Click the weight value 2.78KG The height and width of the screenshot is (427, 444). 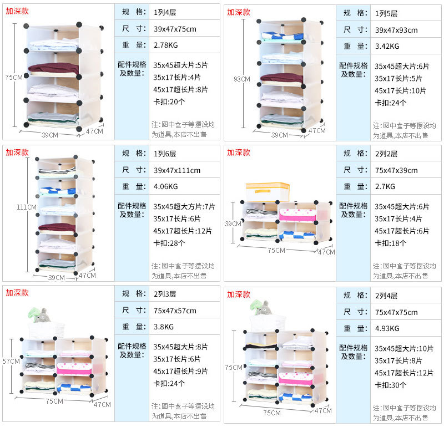[165, 45]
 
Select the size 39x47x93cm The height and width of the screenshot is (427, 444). [396, 30]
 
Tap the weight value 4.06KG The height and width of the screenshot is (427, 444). [165, 186]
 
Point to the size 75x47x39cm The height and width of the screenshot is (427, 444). [396, 171]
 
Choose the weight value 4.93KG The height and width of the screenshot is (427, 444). [387, 328]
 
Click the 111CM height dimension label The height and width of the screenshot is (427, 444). [26, 207]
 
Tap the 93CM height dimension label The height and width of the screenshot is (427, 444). [241, 79]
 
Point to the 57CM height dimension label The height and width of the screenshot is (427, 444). [11, 361]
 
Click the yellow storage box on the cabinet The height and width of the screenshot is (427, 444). [268, 192]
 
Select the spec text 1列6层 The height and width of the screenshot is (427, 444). [165, 153]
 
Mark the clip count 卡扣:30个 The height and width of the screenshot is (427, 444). [391, 385]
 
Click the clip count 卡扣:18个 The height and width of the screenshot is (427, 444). [391, 243]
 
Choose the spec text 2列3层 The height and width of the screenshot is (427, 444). [165, 294]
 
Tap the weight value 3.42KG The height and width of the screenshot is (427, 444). [387, 46]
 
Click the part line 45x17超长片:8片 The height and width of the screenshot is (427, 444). [180, 89]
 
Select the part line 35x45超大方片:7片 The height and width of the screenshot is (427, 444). [184, 206]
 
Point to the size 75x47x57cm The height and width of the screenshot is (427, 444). [175, 311]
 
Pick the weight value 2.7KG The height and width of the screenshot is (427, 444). [385, 186]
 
